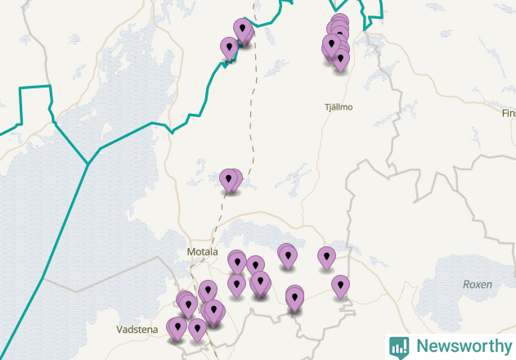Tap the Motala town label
coord(202,251)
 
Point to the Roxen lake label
coord(477,284)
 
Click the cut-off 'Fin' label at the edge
coord(508,113)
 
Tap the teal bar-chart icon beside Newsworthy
coord(399,346)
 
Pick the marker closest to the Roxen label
coord(340,286)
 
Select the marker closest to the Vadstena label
coord(177,329)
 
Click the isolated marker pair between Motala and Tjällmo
coord(231,180)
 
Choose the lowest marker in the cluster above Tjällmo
coord(340,60)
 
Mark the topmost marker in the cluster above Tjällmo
coord(339,24)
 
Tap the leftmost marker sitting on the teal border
coord(229,48)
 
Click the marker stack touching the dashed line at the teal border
coord(243,31)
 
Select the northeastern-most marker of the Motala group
coord(326,258)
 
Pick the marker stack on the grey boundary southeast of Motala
coord(294,298)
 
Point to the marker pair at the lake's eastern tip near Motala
coord(287,255)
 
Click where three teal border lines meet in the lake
coord(87,163)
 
